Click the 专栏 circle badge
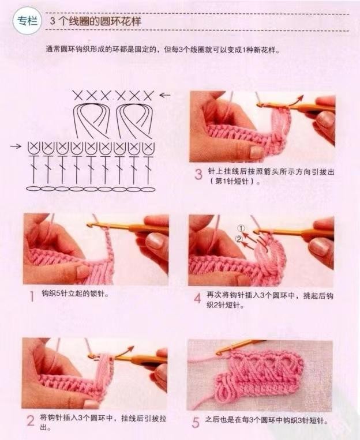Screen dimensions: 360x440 [x=27, y=21]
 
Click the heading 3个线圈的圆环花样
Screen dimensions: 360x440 [x=95, y=21]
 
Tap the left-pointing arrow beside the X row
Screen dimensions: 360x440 [x=165, y=95]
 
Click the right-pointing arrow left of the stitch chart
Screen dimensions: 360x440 [x=16, y=146]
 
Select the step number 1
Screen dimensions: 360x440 [x=32, y=296]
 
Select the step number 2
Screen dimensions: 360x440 [x=31, y=421]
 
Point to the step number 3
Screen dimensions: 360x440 [x=198, y=174]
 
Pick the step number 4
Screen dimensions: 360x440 [x=198, y=298]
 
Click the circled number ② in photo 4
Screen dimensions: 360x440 [x=239, y=239]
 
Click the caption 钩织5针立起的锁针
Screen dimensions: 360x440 [x=75, y=294]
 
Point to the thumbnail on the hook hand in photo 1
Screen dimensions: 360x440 [x=155, y=241]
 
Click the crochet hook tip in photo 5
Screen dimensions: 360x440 [x=219, y=352]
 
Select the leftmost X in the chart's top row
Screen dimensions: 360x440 [x=78, y=96]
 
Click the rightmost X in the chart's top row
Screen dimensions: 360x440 [x=148, y=96]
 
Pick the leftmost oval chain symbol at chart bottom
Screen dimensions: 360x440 [x=33, y=189]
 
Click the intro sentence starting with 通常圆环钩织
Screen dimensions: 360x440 [x=163, y=50]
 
